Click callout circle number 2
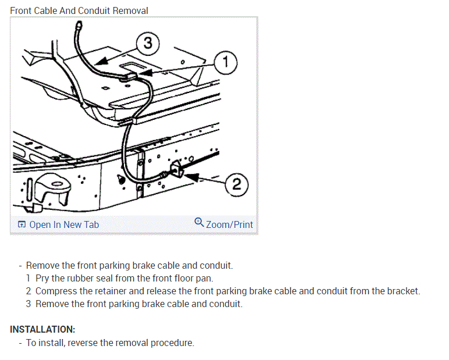pyautogui.click(x=237, y=184)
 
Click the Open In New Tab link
pyautogui.click(x=64, y=224)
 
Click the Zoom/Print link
pyautogui.click(x=229, y=224)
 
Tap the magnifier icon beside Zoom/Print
pyautogui.click(x=199, y=223)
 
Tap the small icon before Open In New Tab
pyautogui.click(x=22, y=224)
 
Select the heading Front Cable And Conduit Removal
pyautogui.click(x=79, y=10)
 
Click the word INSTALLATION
pyautogui.click(x=42, y=329)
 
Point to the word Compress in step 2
pyautogui.click(x=56, y=291)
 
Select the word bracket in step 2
pyautogui.click(x=402, y=291)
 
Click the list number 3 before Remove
pyautogui.click(x=28, y=304)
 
